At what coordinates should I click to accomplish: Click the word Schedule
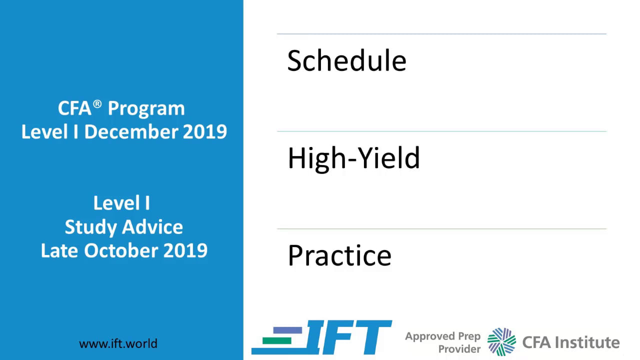pyautogui.click(x=346, y=60)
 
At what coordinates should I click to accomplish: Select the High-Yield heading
pyautogui.click(x=353, y=158)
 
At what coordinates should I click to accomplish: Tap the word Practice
pyautogui.click(x=339, y=255)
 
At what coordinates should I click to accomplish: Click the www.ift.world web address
pyautogui.click(x=118, y=343)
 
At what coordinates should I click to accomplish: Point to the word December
pyautogui.click(x=131, y=132)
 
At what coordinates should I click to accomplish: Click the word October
pyautogui.click(x=121, y=250)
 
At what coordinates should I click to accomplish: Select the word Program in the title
pyautogui.click(x=146, y=109)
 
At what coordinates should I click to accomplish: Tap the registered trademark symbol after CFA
pyautogui.click(x=97, y=104)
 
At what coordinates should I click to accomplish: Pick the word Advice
pyautogui.click(x=153, y=227)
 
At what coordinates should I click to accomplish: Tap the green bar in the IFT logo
pyautogui.click(x=276, y=340)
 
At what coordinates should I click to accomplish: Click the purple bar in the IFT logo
pyautogui.click(x=287, y=330)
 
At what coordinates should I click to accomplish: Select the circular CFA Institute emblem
pyautogui.click(x=501, y=341)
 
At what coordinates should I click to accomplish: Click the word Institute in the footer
pyautogui.click(x=586, y=342)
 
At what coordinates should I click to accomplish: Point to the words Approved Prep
pyautogui.click(x=443, y=336)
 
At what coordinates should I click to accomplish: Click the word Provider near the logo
pyautogui.click(x=459, y=349)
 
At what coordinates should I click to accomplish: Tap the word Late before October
pyautogui.click(x=59, y=250)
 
